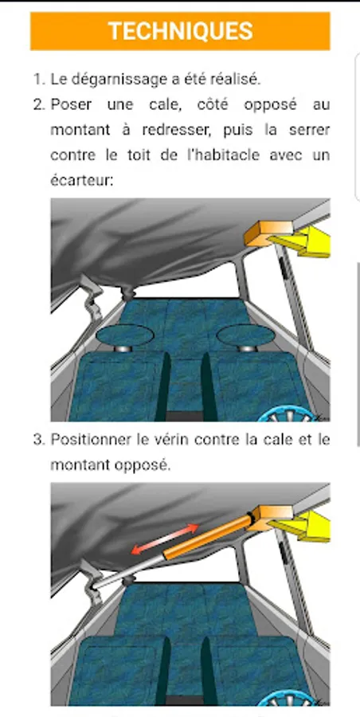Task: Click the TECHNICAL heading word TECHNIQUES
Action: click(x=180, y=31)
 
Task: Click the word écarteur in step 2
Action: click(x=81, y=180)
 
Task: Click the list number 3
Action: click(x=38, y=440)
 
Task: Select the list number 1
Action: click(x=37, y=80)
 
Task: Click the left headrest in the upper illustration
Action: click(x=124, y=335)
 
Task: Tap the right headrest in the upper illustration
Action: click(x=245, y=335)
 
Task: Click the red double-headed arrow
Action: click(x=165, y=539)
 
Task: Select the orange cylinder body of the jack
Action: click(x=209, y=536)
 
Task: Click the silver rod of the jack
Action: click(x=129, y=571)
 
